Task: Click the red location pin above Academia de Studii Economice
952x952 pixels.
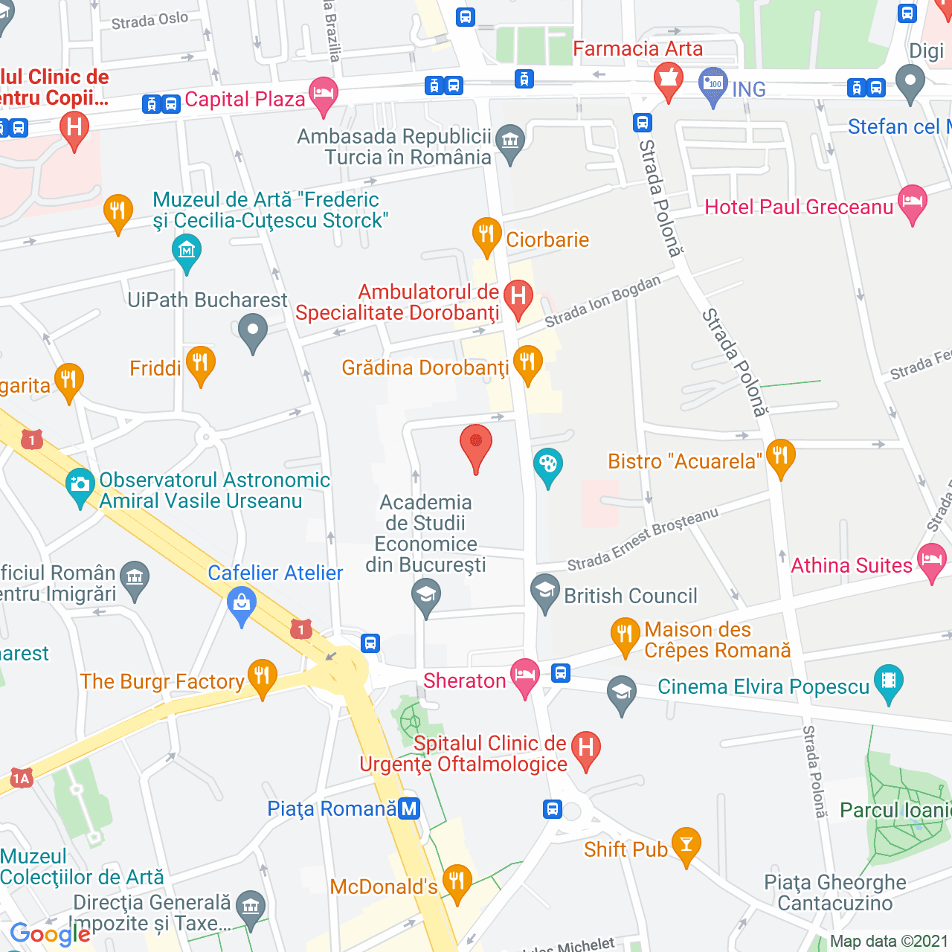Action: pos(476,445)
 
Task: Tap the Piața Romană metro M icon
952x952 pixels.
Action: pos(409,808)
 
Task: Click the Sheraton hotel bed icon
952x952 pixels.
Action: pos(524,675)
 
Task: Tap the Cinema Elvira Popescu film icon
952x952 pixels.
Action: pos(888,682)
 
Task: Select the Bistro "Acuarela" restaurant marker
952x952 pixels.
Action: pos(780,456)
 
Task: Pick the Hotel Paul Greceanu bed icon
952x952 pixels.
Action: pos(913,202)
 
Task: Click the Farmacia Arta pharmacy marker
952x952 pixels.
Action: pos(668,80)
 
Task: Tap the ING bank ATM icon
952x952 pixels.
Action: pos(713,84)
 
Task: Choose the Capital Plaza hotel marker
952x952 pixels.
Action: pos(324,94)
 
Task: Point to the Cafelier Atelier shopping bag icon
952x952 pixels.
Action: pos(242,604)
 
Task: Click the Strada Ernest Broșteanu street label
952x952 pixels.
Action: pos(643,540)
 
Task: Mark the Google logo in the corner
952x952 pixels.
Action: pos(50,934)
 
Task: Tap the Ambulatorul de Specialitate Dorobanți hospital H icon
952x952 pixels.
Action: pos(518,297)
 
